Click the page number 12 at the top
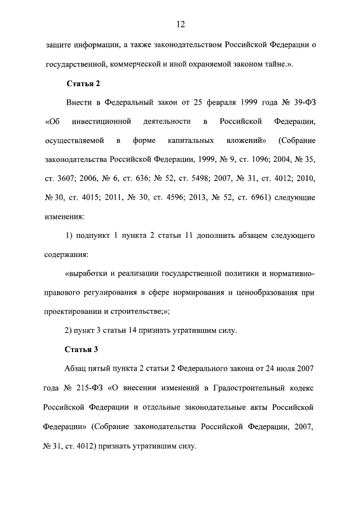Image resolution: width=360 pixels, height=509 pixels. [x=180, y=24]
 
